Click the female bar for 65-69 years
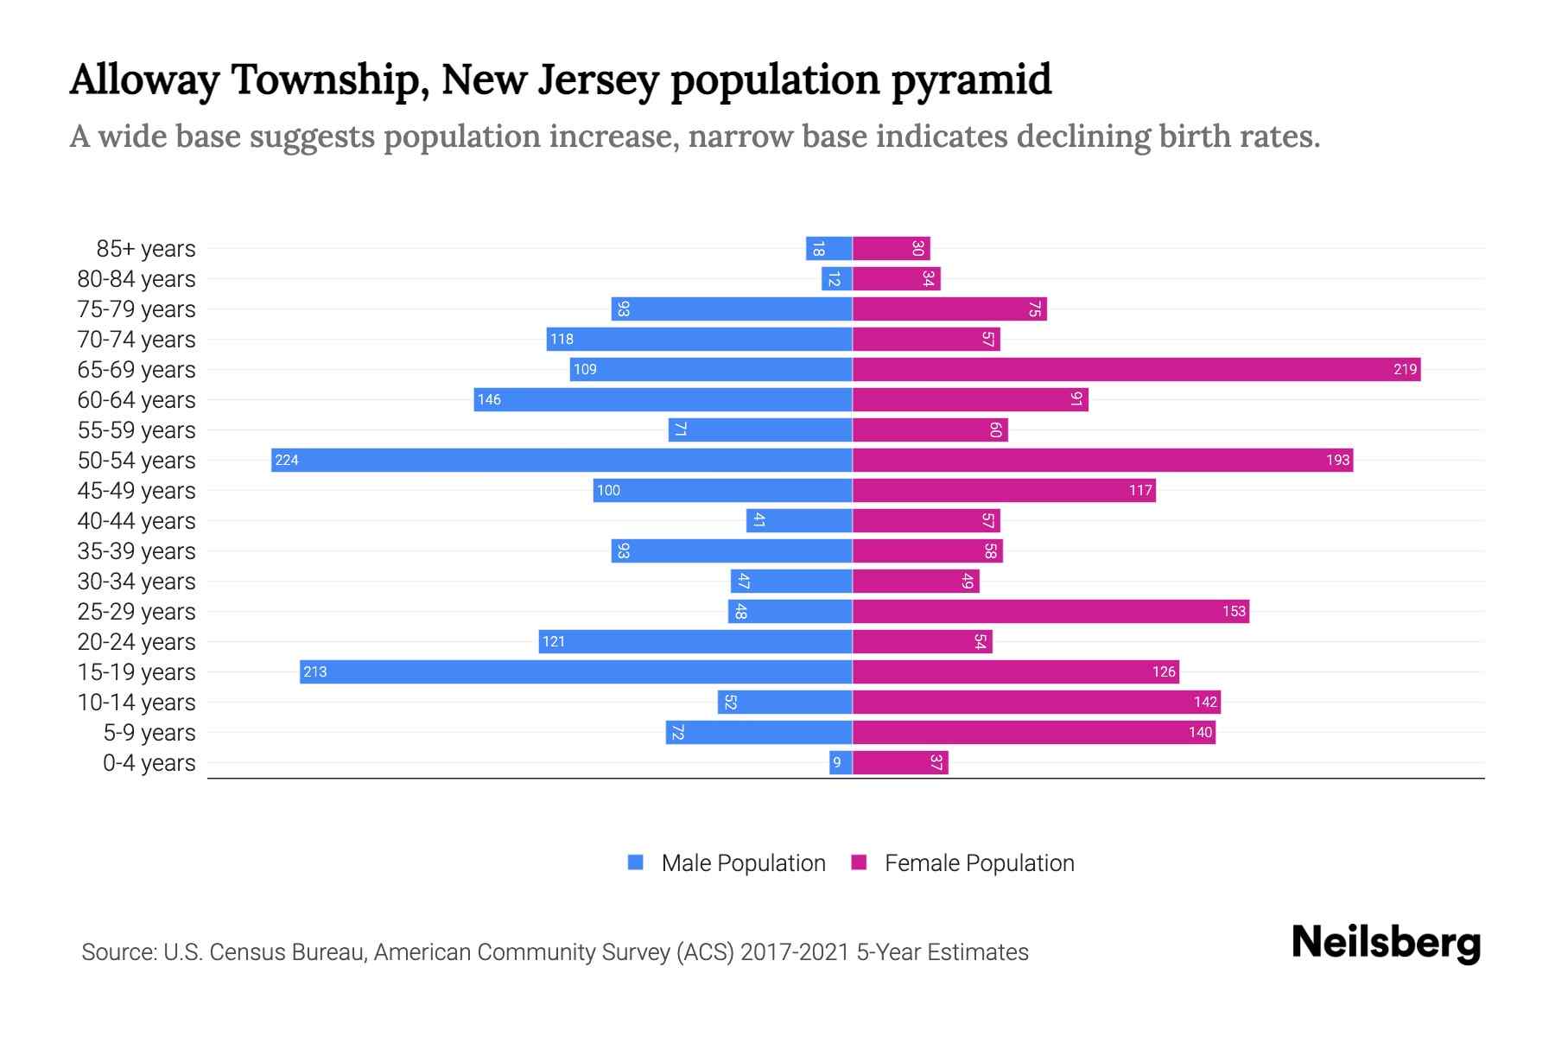pos(1136,369)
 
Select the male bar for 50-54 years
pos(562,460)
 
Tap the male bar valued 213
pos(576,671)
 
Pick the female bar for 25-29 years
pos(1050,611)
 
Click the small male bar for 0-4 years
pos(841,762)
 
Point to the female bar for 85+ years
pos(892,248)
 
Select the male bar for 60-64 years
pos(663,399)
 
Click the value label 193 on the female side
pos(1337,460)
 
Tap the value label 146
pos(489,399)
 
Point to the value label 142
pos(1205,702)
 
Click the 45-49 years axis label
pos(136,490)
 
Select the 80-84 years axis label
pos(136,278)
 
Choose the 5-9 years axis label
pos(149,732)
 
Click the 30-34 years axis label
pos(136,581)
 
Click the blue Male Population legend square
pos(636,862)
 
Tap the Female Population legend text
pos(979,862)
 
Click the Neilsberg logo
pos(1386,943)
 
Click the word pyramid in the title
pos(971,80)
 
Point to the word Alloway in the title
pos(144,80)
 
